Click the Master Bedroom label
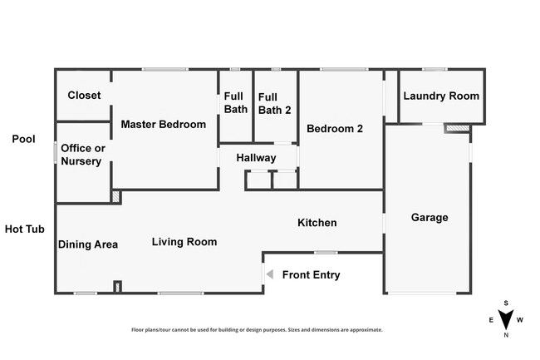coord(163,125)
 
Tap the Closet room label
coord(84,95)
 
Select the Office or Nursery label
coord(83,155)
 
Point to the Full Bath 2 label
coord(274,104)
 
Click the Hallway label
coord(256,158)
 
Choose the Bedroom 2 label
coord(335,129)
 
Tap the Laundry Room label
coord(441,96)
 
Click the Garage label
coord(430,217)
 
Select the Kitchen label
coord(317,223)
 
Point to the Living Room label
coord(184,242)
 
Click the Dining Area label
coord(88,244)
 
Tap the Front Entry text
coord(311,275)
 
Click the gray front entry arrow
coord(270,274)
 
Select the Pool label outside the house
coord(23,139)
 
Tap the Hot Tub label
coord(24,229)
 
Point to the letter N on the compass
coord(506,335)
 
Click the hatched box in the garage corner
coord(458,129)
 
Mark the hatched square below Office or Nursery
coord(115,197)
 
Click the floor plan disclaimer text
coord(257,330)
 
